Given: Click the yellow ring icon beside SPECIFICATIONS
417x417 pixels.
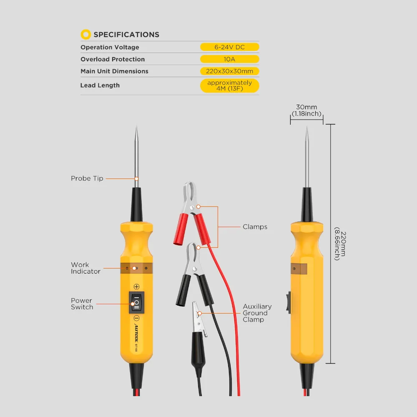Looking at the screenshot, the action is click(x=85, y=34).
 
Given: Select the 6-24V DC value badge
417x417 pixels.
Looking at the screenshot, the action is click(x=229, y=47).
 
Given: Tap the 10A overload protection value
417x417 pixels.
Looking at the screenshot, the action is click(x=229, y=59).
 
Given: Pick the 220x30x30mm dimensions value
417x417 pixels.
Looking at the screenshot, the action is click(x=229, y=71).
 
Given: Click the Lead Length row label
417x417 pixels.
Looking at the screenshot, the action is click(x=100, y=85).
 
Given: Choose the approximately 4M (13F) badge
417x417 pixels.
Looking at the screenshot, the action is click(x=229, y=85).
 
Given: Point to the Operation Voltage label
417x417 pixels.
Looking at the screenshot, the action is click(x=110, y=47).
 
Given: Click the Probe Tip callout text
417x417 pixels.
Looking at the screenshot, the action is click(x=87, y=178).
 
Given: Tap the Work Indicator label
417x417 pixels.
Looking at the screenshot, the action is click(x=85, y=268).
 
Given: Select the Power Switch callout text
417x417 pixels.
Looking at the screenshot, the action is click(x=82, y=304).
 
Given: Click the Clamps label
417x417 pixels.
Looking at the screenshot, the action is click(x=255, y=227).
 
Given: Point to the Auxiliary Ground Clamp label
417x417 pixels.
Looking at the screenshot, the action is click(x=257, y=313).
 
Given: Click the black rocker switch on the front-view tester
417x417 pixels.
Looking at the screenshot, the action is click(x=136, y=303).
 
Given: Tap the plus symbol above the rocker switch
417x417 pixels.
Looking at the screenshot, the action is click(x=136, y=286).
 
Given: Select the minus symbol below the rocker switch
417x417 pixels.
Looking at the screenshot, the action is click(x=136, y=318).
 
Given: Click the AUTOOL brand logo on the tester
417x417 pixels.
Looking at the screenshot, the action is click(x=136, y=333).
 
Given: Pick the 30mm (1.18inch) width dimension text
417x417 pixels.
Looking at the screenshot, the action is click(x=306, y=111).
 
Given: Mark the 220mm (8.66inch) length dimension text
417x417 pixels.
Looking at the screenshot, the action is click(x=340, y=244).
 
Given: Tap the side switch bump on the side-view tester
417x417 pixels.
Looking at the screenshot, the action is click(x=289, y=302).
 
